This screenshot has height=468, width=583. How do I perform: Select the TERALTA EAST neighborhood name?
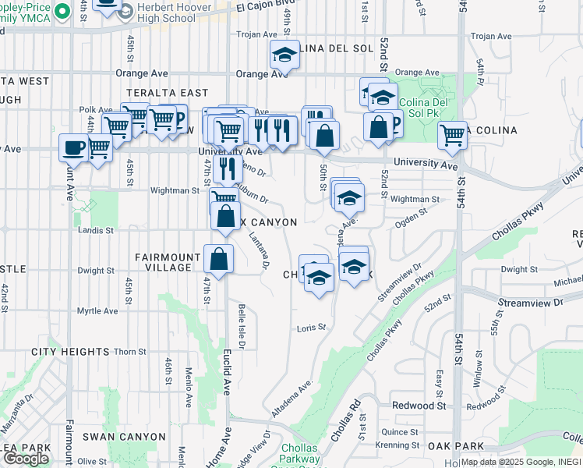click(x=168, y=93)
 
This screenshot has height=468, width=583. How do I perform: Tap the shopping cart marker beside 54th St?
click(x=452, y=136)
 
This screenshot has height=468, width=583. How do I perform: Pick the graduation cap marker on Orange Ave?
click(x=284, y=56)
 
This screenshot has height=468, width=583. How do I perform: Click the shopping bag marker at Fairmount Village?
click(x=219, y=259)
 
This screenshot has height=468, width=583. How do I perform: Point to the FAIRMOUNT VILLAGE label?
click(x=164, y=262)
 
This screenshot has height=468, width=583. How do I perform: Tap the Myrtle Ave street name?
click(x=97, y=311)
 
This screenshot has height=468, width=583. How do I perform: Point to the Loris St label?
click(x=311, y=328)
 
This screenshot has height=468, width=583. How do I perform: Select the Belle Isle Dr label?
click(x=242, y=327)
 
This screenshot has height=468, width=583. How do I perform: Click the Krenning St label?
click(x=390, y=445)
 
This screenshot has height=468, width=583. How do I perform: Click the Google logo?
click(x=26, y=459)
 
